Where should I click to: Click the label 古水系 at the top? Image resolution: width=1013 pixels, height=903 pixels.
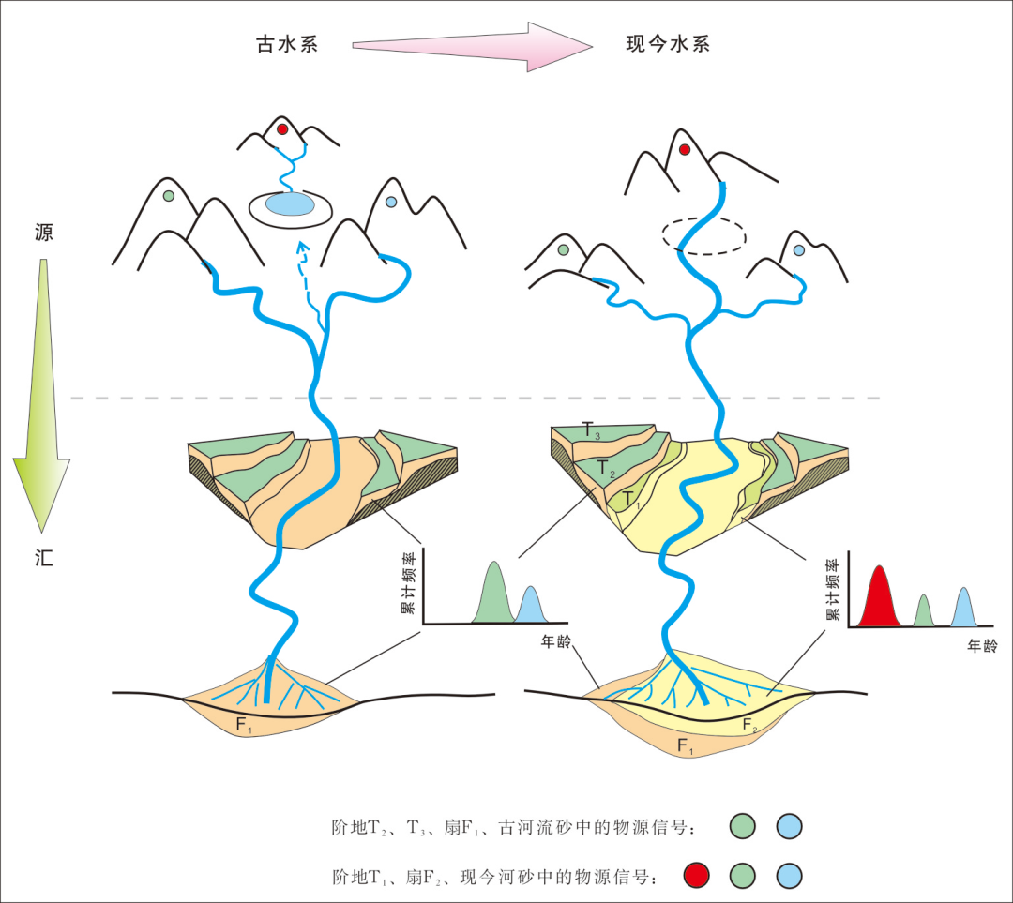coord(287,44)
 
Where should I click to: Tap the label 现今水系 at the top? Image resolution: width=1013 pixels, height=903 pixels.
coord(666,44)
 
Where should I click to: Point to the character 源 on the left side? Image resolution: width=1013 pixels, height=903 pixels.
coord(43,233)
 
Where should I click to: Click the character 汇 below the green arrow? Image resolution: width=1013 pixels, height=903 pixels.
coord(43,560)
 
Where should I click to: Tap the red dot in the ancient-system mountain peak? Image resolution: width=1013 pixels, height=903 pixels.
coord(281,129)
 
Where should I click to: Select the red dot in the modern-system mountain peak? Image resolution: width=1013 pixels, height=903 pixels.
coord(685,149)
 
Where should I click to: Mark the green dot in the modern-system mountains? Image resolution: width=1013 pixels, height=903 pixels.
coord(563,250)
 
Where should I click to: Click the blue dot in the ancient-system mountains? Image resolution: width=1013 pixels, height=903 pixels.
coord(391,202)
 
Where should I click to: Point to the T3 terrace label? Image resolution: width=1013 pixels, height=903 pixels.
coord(590,432)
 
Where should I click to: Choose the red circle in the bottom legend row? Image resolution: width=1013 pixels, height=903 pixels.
coord(696,876)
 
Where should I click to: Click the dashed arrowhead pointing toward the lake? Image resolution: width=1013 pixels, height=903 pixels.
coord(301,248)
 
